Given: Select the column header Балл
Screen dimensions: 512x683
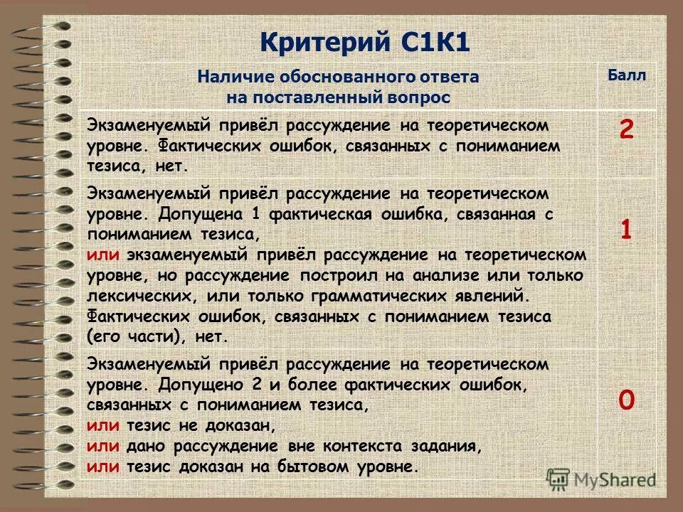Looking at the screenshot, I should [626, 76].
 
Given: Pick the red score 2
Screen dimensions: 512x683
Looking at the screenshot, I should [626, 130].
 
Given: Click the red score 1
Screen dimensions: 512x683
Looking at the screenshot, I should [626, 230].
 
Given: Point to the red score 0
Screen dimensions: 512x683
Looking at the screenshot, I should [626, 400].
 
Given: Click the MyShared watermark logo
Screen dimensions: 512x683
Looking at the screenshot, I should [601, 479].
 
